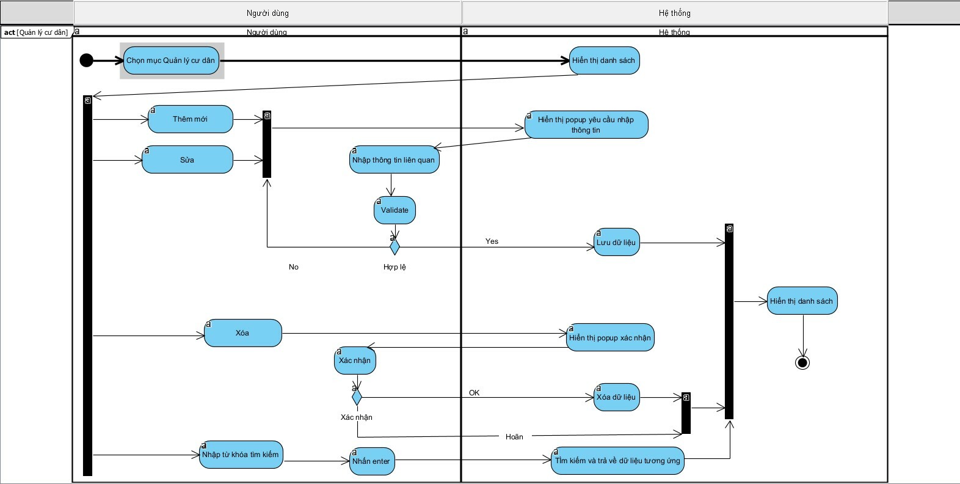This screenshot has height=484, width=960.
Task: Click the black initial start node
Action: point(87,60)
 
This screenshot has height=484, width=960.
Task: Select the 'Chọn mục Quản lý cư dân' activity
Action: point(171,61)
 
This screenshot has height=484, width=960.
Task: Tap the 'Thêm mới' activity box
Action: point(190,119)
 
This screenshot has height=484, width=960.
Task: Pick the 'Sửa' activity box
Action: point(187,159)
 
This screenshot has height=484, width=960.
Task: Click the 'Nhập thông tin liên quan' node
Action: point(394,160)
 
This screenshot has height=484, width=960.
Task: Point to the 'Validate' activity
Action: point(395,210)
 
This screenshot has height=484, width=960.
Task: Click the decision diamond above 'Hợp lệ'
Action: point(395,247)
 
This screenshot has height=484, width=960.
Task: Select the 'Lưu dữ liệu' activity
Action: point(616,243)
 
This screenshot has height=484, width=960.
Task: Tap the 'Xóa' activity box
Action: point(242,333)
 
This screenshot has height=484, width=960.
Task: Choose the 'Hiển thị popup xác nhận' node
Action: point(609,338)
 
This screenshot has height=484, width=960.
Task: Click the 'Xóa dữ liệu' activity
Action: point(616,397)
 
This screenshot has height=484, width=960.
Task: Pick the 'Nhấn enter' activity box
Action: point(371,461)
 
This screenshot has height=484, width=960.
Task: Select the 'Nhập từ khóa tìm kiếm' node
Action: point(241,455)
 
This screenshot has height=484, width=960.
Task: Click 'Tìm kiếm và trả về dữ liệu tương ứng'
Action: point(617,461)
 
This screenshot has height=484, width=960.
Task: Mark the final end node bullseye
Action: point(802,362)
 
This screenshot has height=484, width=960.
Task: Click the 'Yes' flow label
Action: point(492,241)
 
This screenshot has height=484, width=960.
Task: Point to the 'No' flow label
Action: point(294,267)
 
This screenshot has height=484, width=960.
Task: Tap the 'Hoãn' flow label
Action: point(514,437)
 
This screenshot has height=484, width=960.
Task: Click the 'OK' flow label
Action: point(475,393)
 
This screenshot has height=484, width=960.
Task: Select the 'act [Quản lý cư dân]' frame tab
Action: point(35,32)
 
